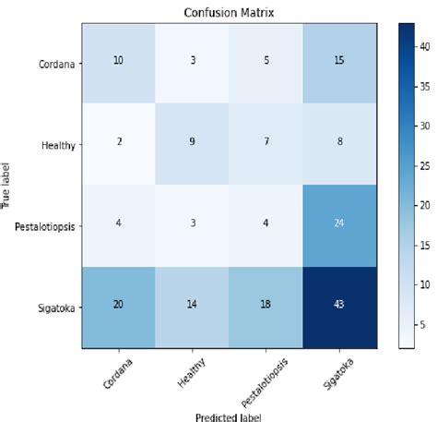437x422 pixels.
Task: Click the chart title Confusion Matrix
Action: pos(228,12)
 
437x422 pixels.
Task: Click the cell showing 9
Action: pos(192,145)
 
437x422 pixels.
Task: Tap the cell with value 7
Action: pos(265,145)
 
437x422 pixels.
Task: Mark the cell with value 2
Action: pos(119,145)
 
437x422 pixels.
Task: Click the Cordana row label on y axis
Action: pos(54,64)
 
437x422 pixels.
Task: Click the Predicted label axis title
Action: pos(228,415)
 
